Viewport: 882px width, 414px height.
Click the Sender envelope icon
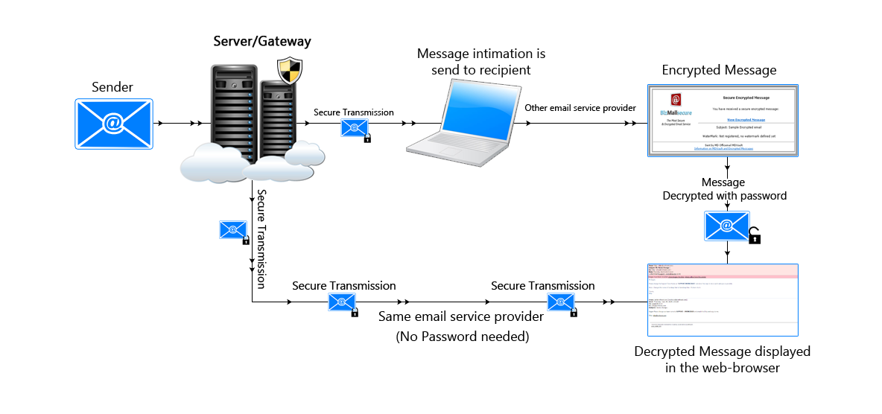113,123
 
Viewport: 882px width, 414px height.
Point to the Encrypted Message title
719,70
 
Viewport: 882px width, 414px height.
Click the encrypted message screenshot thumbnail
722,121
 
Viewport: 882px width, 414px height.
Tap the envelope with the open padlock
728,226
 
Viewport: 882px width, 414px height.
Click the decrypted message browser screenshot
722,298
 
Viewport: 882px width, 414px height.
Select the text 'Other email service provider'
580,108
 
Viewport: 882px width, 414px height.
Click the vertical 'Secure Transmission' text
261,238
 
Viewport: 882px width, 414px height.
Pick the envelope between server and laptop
354,129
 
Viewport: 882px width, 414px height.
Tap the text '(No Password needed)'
462,337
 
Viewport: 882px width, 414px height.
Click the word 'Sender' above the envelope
112,87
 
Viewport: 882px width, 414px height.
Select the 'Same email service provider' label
460,317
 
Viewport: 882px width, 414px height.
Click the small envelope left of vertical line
232,230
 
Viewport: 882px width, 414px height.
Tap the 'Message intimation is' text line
481,54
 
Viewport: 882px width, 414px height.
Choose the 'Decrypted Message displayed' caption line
722,351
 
